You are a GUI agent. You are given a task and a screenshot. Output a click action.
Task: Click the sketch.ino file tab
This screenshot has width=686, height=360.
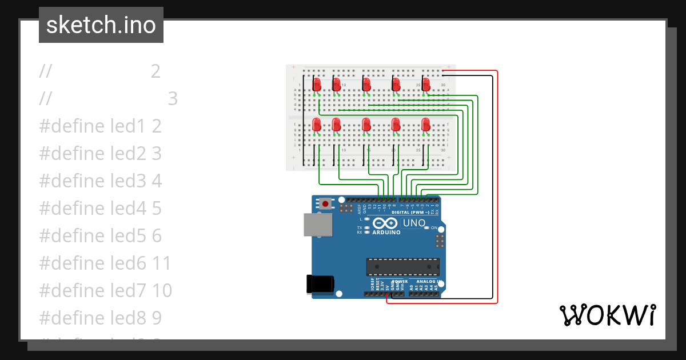(x=101, y=25)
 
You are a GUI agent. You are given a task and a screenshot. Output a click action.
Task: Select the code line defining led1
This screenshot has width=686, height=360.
(x=101, y=126)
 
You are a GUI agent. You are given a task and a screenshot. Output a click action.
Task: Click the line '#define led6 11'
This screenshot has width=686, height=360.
(x=105, y=263)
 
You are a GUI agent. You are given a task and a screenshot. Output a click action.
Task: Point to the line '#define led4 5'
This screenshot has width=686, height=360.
(x=101, y=209)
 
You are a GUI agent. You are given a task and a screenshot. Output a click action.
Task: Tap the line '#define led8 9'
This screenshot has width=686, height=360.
(x=101, y=318)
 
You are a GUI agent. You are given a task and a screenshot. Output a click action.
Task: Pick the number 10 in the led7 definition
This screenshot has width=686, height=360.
(x=162, y=291)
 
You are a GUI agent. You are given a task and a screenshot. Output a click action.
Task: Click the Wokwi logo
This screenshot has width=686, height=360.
(x=607, y=315)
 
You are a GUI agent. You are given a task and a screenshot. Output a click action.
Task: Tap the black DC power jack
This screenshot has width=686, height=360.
(x=320, y=284)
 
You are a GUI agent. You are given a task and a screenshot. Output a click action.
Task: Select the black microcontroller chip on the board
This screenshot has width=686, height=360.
(x=403, y=267)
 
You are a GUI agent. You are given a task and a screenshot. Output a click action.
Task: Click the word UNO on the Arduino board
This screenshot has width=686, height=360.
(x=414, y=223)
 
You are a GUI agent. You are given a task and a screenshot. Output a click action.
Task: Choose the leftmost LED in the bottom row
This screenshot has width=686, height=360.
(x=317, y=125)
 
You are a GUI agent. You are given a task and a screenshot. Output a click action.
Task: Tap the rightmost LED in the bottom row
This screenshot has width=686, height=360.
(x=425, y=124)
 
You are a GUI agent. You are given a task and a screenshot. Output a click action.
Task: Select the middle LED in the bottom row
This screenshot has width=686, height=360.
(x=366, y=124)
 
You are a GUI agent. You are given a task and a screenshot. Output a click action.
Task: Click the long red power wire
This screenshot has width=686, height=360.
(x=497, y=189)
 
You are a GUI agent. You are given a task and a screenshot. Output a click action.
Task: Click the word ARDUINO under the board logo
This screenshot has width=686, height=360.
(x=386, y=233)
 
